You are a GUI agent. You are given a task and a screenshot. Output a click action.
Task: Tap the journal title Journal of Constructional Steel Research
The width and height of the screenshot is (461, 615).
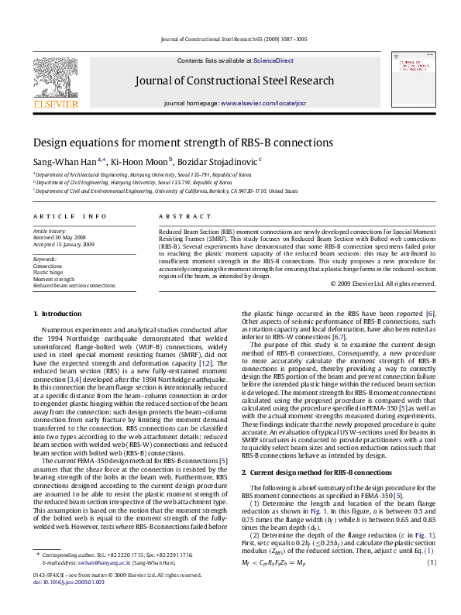tap(235, 81)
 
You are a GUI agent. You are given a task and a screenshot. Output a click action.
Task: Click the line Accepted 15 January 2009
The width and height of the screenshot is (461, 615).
tap(64, 244)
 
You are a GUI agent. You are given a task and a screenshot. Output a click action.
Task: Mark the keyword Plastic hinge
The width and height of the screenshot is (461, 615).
tap(48, 272)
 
